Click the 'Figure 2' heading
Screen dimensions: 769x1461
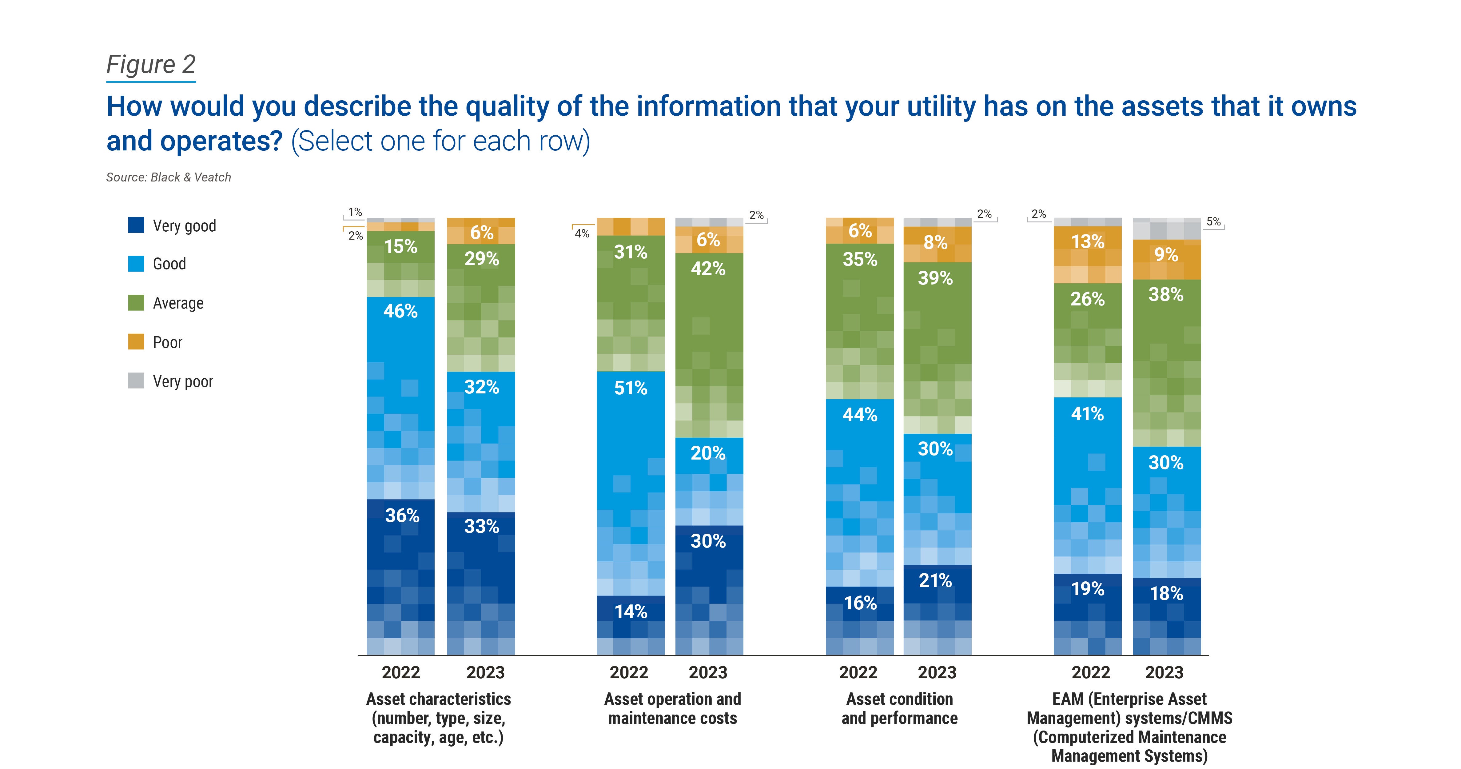(x=151, y=65)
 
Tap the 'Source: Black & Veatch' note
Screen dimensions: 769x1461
(x=169, y=177)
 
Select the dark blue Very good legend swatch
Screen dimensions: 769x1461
(x=136, y=225)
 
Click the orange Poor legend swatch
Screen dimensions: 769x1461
(x=136, y=342)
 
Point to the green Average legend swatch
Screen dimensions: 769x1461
(x=136, y=303)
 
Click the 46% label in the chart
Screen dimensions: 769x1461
(x=400, y=311)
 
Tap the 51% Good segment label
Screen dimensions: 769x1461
(x=630, y=388)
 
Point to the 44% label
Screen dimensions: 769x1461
(x=860, y=415)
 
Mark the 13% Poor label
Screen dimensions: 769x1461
(x=1087, y=242)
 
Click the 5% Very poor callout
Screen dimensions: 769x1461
(x=1213, y=222)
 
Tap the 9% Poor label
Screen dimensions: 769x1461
(x=1166, y=255)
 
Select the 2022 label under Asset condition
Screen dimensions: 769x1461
(x=858, y=673)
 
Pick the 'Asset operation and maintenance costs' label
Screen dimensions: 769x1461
(x=673, y=709)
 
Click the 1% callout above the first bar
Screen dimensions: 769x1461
(x=355, y=212)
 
